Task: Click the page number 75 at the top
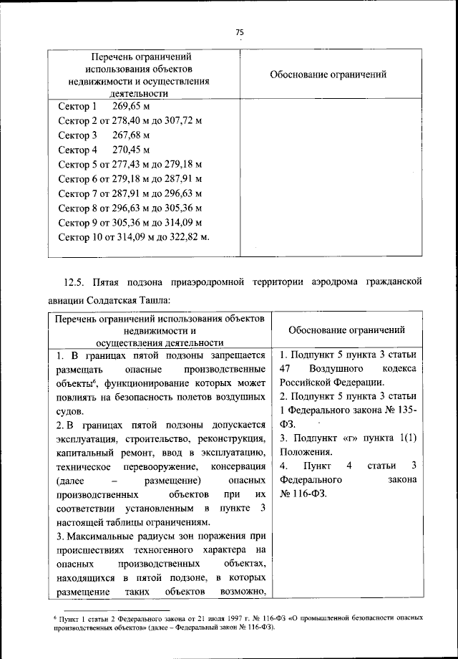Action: (240, 32)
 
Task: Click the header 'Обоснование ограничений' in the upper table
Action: (329, 74)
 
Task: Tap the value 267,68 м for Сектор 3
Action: (131, 135)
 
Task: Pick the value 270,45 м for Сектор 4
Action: (131, 150)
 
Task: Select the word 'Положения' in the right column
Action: (306, 452)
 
